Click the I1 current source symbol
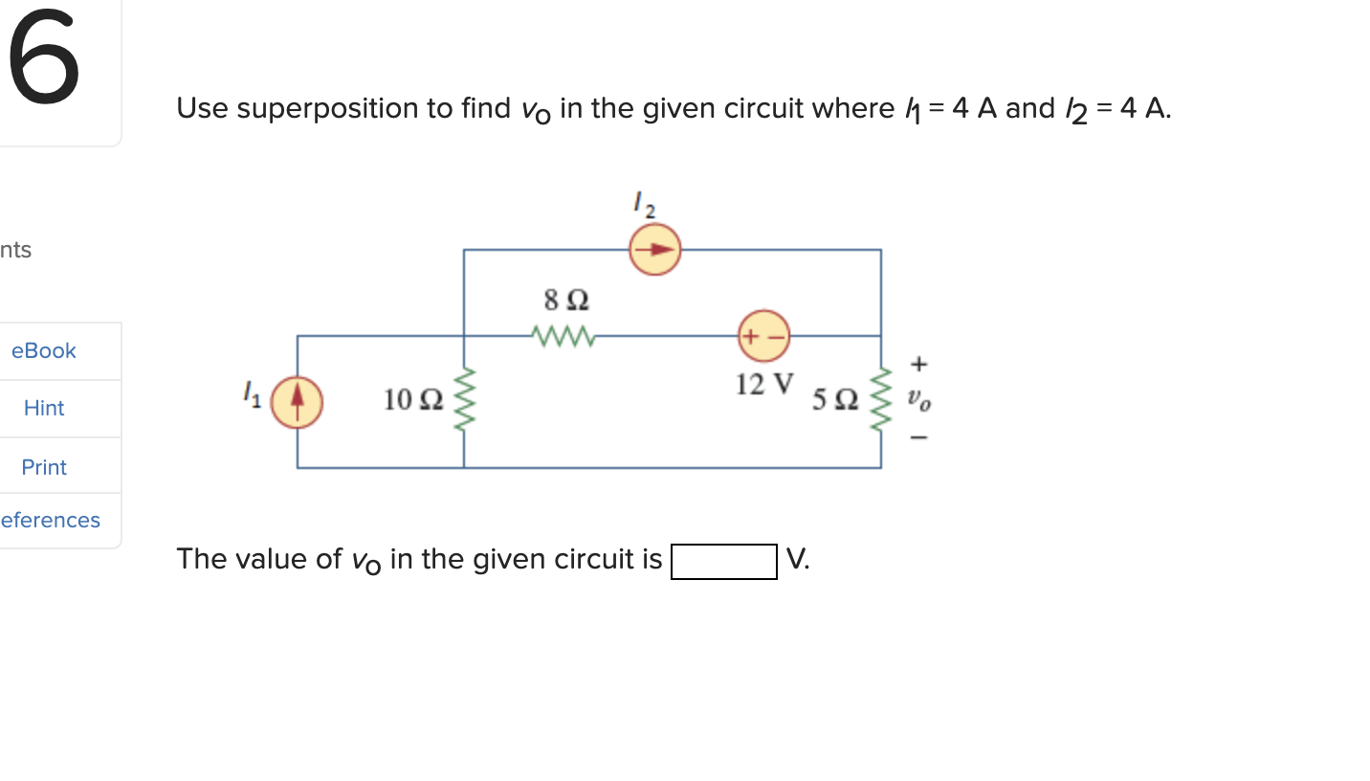tap(297, 401)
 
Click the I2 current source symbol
tap(654, 250)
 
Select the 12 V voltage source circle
tap(763, 336)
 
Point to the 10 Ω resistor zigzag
tap(465, 401)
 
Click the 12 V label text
tap(764, 385)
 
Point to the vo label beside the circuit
tap(919, 401)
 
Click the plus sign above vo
tap(919, 364)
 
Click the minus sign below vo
tap(919, 438)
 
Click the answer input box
tap(724, 562)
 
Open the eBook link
tap(44, 350)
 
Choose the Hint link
tap(44, 409)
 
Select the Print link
tap(44, 467)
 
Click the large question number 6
tap(44, 57)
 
